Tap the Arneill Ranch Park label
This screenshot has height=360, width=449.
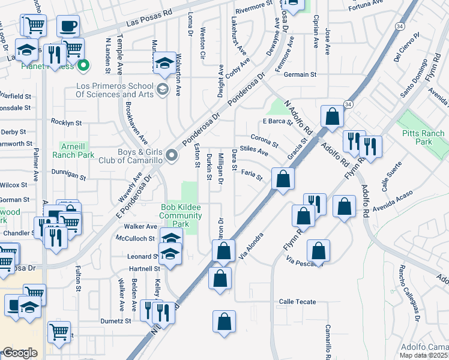77,150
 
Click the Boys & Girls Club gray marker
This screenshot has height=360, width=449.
172,156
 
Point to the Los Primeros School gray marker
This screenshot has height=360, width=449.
161,90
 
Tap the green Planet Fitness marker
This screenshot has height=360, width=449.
83,65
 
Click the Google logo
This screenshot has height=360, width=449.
20,353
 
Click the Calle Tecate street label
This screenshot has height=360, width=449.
297,302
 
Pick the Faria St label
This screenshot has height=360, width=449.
252,175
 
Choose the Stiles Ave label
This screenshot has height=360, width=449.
253,149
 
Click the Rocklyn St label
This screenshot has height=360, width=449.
66,122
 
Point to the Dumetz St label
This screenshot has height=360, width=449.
115,321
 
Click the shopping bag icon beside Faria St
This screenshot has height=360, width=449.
283,178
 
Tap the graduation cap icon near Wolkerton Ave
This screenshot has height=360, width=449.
164,64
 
